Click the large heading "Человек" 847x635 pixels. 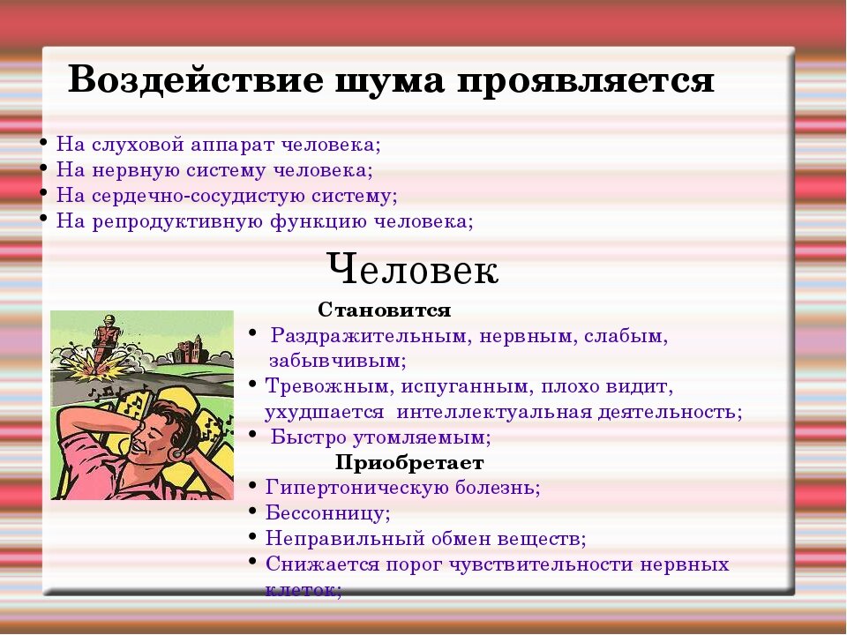(x=412, y=269)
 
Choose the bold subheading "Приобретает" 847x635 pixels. (x=409, y=463)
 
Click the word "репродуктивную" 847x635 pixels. (x=160, y=221)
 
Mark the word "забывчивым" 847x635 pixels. (x=336, y=361)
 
